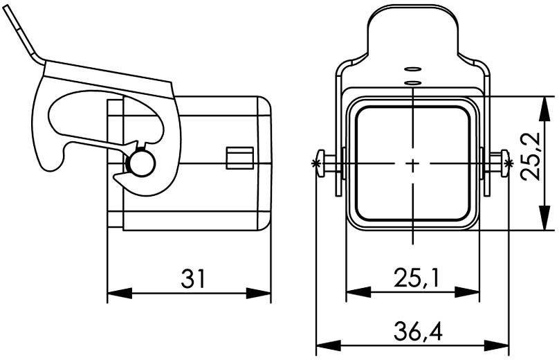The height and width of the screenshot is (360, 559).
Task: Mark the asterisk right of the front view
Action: pyautogui.click(x=510, y=163)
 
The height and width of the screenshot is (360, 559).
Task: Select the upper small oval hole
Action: pyautogui.click(x=412, y=69)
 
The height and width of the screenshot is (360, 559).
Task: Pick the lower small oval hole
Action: pyautogui.click(x=412, y=83)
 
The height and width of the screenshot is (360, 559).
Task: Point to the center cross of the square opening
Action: pyautogui.click(x=412, y=165)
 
